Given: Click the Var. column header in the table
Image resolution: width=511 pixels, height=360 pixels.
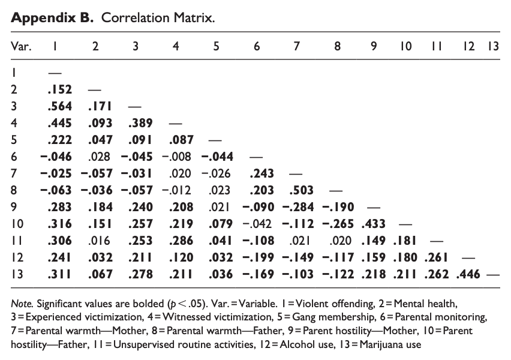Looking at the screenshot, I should pos(22,46).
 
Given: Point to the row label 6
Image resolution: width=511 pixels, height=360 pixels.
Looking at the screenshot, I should pos(15,157).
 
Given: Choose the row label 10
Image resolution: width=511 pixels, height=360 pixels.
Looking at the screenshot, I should pos(17,224).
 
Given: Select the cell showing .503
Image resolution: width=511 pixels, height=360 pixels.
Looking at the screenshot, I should pos(302,190).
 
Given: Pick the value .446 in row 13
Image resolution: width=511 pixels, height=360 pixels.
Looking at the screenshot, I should pos(467,274).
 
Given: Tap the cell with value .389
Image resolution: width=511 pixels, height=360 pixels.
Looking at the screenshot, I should pos(140,123).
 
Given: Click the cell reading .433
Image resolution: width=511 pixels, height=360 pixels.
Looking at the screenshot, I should pos(374,224).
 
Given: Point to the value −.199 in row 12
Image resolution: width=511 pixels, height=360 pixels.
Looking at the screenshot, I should pos(258,257).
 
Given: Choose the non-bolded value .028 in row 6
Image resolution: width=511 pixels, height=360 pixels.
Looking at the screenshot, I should pos(100,157).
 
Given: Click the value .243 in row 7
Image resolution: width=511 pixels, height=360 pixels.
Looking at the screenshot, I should pos(261,173).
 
